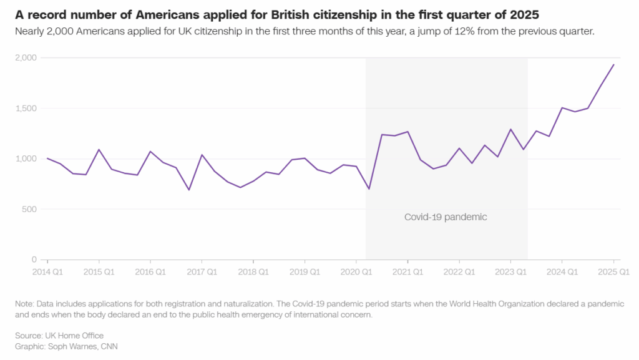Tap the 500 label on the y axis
coord(31,209)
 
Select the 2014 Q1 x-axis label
coord(47,272)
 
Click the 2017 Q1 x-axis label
coord(202,272)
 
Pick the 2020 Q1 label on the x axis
coord(356,272)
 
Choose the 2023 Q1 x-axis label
coord(510,272)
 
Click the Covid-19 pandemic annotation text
coord(446,217)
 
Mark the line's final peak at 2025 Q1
coord(613,64)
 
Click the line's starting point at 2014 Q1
coord(47,158)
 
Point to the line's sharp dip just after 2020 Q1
coord(369,188)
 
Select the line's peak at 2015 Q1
coord(99,149)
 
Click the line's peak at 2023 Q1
coord(510,129)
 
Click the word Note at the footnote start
coord(25,304)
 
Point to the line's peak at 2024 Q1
coord(562,107)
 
